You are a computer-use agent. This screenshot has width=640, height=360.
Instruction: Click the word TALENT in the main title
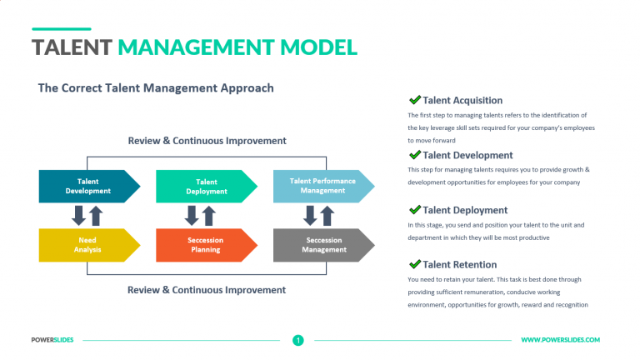71,47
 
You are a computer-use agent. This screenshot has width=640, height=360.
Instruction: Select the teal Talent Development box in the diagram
87,186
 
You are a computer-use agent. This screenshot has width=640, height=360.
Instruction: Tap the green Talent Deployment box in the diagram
205,186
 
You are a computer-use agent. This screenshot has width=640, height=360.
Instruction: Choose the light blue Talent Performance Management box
322,186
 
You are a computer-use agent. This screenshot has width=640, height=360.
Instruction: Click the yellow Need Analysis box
87,245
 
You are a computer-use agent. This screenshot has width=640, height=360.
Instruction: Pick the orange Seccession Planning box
205,245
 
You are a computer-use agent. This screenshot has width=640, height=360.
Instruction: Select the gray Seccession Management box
322,245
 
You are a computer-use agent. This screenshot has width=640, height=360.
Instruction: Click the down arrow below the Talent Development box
79,216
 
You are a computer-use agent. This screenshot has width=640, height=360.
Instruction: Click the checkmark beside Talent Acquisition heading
414,100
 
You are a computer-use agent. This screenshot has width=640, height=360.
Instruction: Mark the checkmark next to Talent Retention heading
414,264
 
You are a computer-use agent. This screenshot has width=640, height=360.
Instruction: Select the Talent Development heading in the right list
467,155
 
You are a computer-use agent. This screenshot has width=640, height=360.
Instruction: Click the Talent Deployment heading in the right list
465,210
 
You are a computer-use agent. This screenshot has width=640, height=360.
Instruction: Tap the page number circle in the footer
297,340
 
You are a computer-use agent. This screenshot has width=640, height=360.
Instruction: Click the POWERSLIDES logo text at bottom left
53,340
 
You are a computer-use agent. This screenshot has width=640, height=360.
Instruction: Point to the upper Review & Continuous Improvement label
207,141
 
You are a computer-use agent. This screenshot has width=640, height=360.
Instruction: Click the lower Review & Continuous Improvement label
207,290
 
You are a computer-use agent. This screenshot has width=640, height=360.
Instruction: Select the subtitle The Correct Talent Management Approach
156,87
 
